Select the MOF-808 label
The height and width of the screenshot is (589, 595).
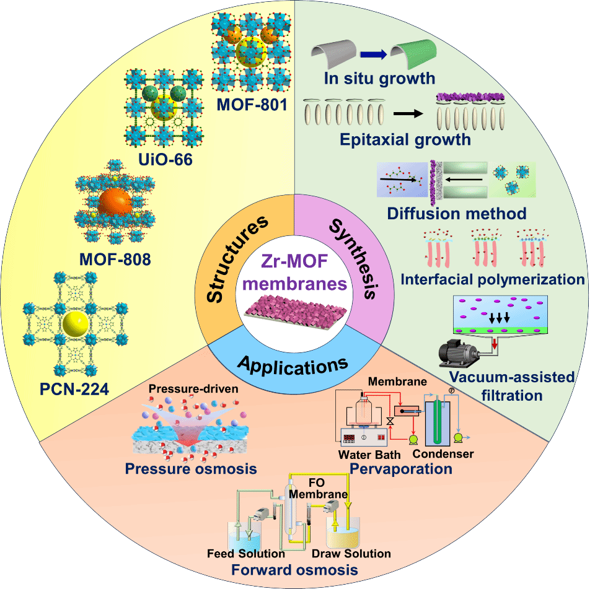(115, 259)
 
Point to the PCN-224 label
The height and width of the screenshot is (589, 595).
(64, 390)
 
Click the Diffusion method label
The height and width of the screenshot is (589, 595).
(457, 214)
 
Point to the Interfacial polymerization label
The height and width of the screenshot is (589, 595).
(492, 279)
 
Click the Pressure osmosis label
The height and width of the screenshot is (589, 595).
(191, 468)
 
